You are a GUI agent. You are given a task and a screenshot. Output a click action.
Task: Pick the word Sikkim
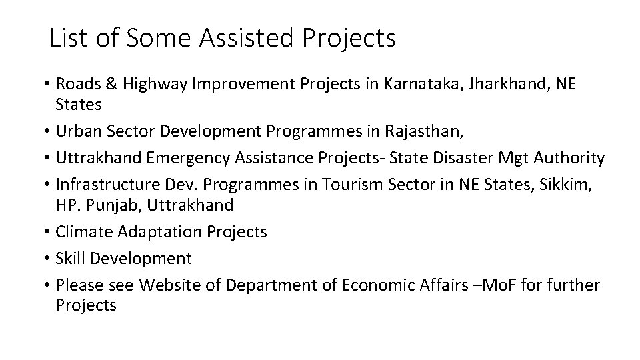coord(567,184)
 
